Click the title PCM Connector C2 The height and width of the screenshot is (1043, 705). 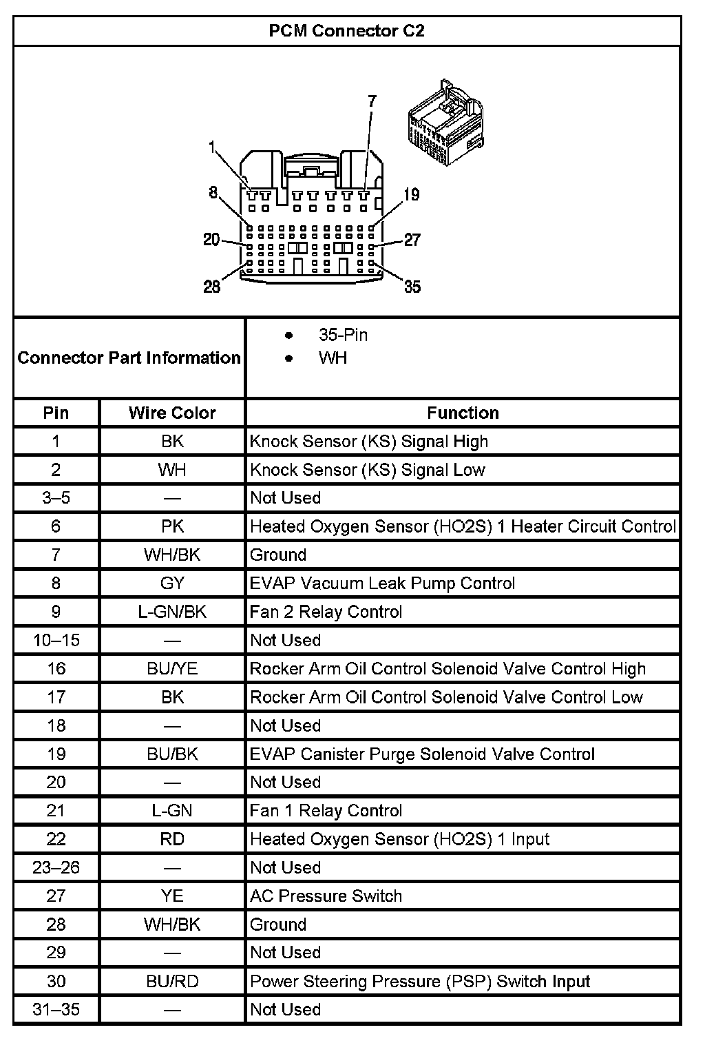[346, 31]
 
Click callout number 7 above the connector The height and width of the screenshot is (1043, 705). [372, 101]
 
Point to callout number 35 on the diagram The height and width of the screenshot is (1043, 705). [412, 286]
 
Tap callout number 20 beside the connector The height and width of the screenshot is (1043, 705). [211, 240]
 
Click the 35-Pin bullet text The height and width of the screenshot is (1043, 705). [343, 335]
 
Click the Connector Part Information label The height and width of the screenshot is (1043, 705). [129, 358]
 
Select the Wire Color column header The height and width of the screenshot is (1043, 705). [172, 413]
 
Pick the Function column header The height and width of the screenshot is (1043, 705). [463, 413]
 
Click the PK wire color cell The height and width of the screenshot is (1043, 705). [172, 527]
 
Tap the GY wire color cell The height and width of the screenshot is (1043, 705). [172, 584]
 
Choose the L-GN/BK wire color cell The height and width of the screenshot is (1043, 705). [172, 612]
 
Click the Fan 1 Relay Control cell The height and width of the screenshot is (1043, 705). [326, 811]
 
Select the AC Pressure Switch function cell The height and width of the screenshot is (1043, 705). [326, 896]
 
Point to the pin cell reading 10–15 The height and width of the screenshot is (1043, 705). [56, 641]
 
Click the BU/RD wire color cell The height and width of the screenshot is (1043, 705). [172, 982]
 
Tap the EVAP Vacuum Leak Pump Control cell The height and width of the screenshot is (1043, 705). [382, 584]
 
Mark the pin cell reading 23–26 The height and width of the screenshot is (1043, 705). [56, 868]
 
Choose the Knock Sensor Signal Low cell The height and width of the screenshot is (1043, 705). [367, 470]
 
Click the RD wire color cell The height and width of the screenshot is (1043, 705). [172, 839]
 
